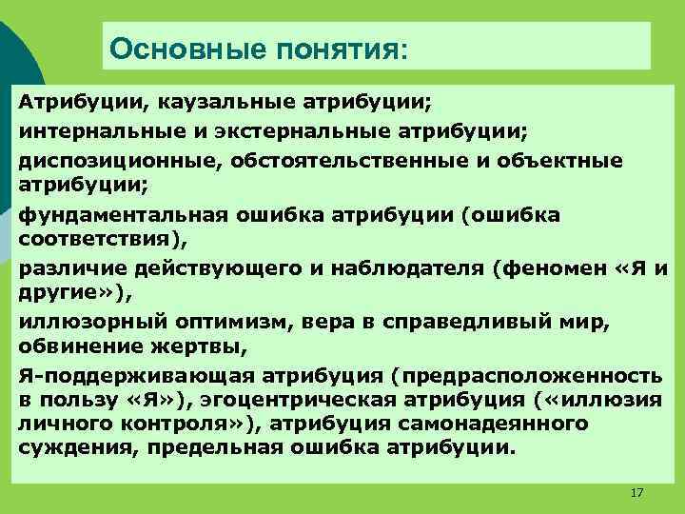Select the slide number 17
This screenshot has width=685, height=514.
click(636, 492)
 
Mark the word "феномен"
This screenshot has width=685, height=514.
click(546, 268)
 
